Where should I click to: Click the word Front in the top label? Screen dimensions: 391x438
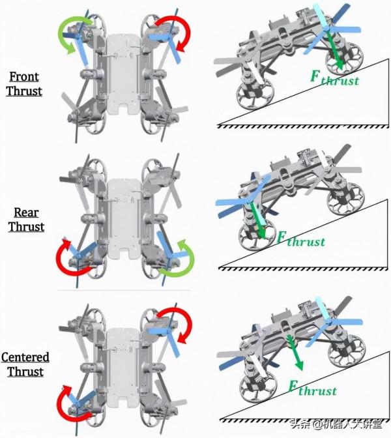click(x=24, y=77)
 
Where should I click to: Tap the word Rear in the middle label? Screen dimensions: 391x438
click(x=26, y=212)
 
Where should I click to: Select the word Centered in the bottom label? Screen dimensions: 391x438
click(x=25, y=357)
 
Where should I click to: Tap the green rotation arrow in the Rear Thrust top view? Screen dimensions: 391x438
click(x=177, y=258)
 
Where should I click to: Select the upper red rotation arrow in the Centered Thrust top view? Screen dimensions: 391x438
click(x=174, y=325)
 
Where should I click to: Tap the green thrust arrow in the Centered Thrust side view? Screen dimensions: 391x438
click(x=295, y=353)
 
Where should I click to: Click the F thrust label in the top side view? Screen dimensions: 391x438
click(x=334, y=78)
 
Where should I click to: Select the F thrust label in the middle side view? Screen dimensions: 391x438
click(x=301, y=239)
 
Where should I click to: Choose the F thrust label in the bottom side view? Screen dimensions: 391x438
click(x=312, y=388)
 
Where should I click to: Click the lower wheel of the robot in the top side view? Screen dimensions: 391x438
click(x=255, y=95)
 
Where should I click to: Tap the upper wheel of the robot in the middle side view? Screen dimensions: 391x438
click(x=346, y=199)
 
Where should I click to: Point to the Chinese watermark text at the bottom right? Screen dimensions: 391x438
click(x=336, y=424)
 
